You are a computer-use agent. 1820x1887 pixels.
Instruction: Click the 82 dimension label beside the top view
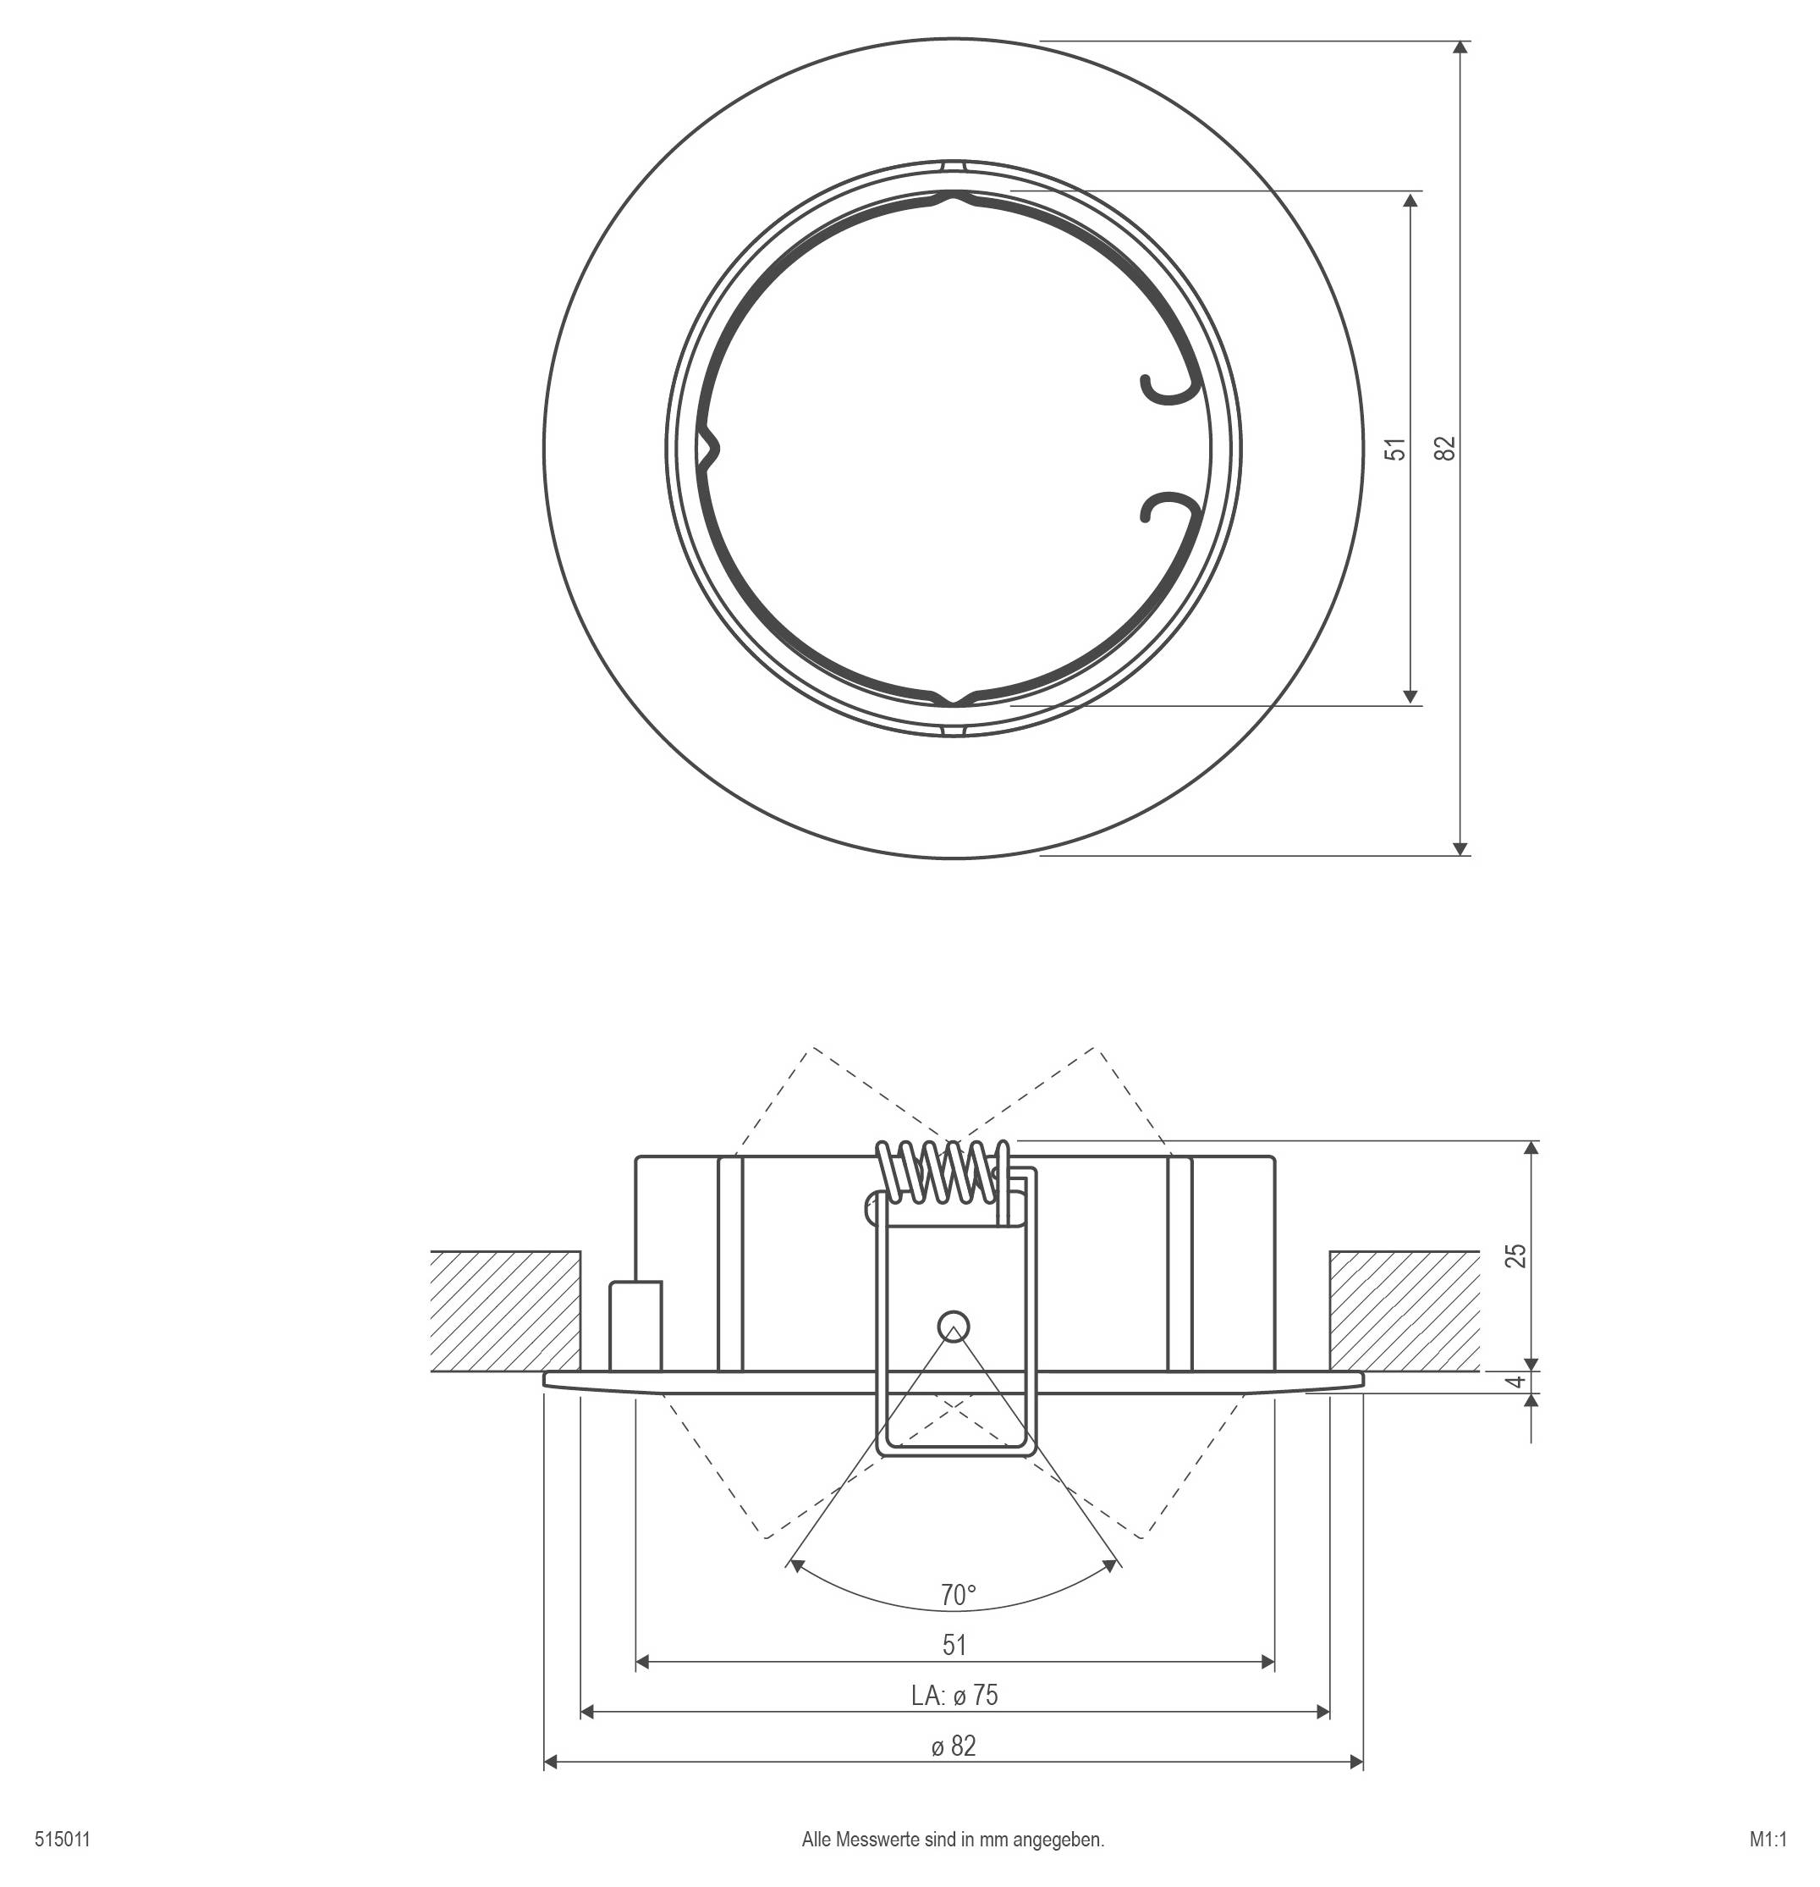1444,448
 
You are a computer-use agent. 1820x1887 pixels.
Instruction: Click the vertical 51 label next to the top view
1395,448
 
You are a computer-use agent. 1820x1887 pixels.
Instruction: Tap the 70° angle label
957,1595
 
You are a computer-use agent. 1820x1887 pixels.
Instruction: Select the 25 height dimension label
1516,1255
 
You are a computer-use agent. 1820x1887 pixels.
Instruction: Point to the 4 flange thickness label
1517,1382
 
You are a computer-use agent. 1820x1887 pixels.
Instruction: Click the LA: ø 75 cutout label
954,1696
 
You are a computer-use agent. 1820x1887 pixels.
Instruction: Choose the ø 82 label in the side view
954,1746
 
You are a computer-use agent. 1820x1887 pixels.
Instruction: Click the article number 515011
63,1840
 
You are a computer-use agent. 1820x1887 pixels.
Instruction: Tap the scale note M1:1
1767,1840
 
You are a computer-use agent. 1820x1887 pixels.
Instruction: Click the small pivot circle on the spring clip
953,1324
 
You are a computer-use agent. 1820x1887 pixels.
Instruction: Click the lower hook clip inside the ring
1167,507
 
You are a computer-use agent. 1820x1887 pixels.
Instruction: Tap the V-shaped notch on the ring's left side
709,449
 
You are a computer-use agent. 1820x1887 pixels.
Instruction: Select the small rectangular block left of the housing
635,1325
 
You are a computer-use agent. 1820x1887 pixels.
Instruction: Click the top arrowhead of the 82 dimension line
1461,47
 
